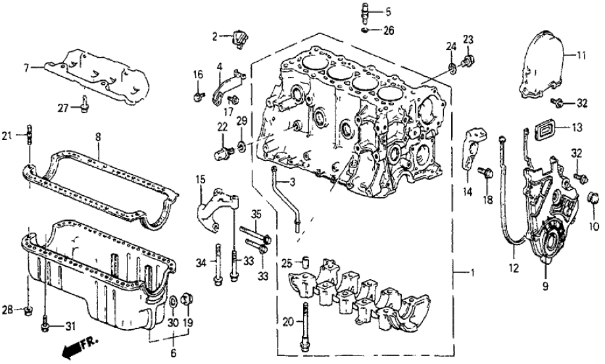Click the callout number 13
[x=577, y=127]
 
